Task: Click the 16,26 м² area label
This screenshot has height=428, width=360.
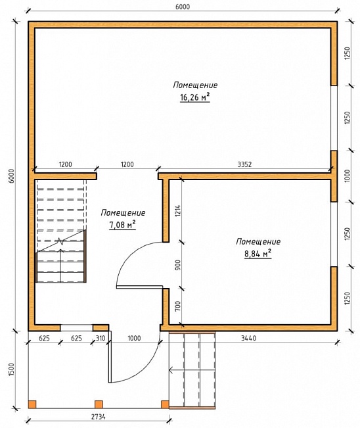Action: click(194, 97)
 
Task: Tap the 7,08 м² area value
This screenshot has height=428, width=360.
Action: click(122, 225)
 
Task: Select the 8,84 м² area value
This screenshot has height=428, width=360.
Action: click(258, 254)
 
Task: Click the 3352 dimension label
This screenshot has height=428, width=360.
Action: click(244, 164)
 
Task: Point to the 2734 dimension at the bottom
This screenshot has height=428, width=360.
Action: click(98, 417)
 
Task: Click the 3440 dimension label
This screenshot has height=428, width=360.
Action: click(249, 338)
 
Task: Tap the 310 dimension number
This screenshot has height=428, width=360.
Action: click(101, 338)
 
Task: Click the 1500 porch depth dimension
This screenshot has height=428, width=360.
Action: click(11, 370)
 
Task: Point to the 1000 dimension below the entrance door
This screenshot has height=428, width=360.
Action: click(134, 338)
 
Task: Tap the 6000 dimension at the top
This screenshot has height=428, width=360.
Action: click(183, 7)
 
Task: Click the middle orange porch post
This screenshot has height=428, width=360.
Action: click(99, 404)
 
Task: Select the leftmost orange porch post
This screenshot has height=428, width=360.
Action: click(32, 404)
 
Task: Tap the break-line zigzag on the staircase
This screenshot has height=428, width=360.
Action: click(60, 242)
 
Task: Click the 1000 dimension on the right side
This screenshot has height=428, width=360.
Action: click(347, 176)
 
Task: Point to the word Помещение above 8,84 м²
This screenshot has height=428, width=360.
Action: click(258, 241)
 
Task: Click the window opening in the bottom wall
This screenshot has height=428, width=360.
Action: click(77, 327)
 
